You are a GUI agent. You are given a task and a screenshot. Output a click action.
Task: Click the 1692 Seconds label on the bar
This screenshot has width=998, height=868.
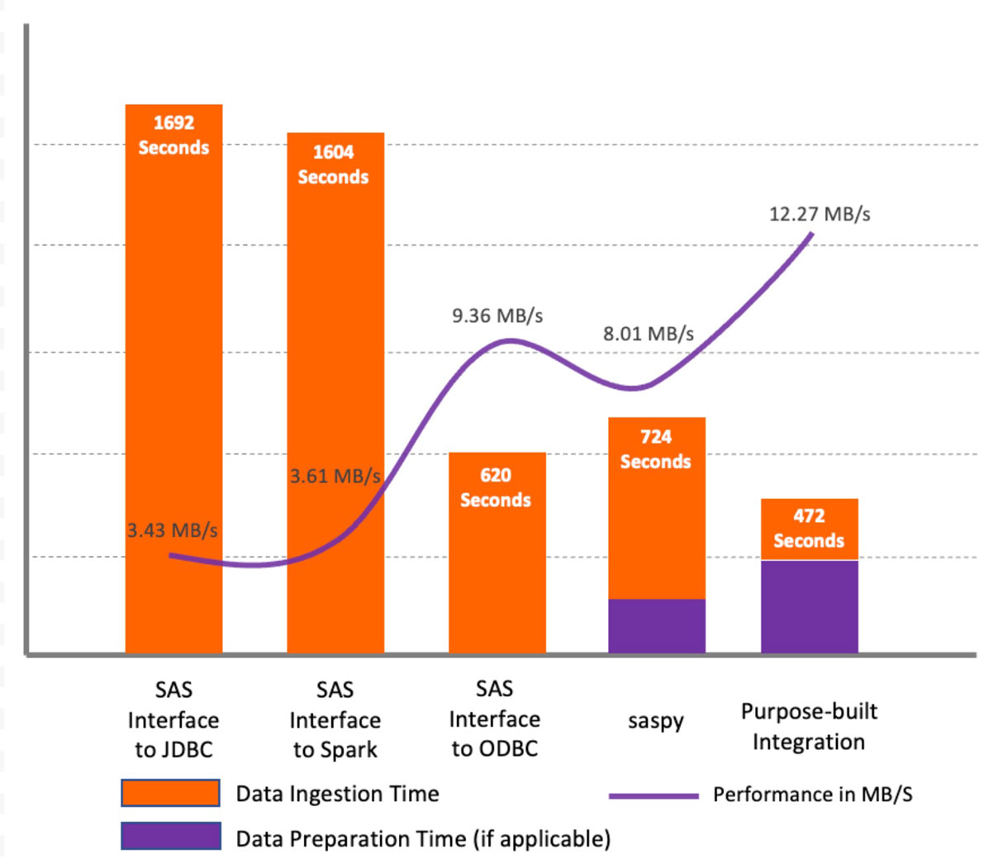point(173,135)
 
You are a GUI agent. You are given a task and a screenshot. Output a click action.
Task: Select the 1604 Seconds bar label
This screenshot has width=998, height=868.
point(333,164)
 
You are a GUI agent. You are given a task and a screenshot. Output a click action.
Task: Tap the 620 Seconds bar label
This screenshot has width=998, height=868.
point(496,487)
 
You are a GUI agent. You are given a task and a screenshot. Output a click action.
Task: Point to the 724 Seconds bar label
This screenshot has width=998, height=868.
point(656,449)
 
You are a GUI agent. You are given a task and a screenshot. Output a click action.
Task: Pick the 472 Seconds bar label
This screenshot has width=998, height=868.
point(809,529)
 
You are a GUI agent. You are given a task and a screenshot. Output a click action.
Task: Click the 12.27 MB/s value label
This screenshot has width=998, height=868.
point(820,215)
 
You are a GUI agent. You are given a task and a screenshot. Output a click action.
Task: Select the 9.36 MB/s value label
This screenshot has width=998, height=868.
point(497,315)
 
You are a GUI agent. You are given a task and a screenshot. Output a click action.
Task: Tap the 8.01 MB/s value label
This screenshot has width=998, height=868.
point(649,334)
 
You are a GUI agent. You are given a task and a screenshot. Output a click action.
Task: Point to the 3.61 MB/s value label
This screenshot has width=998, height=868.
point(335,477)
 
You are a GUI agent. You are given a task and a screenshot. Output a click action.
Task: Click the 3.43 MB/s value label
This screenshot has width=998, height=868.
point(173,530)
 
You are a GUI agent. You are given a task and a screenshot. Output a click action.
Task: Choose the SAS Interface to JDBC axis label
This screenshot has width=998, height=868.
point(173,719)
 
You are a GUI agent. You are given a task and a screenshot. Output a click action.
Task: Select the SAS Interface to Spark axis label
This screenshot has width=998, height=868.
point(335,719)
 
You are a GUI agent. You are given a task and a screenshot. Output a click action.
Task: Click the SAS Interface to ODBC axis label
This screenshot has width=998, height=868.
point(495,719)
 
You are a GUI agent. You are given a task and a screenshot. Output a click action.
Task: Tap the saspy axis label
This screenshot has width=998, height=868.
point(656,721)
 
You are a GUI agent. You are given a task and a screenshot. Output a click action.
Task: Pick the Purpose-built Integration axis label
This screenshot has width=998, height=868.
point(809,727)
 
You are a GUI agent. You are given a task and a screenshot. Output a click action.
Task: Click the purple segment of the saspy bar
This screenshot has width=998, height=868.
point(657,626)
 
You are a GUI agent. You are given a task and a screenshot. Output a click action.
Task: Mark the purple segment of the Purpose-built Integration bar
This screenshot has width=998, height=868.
point(810,607)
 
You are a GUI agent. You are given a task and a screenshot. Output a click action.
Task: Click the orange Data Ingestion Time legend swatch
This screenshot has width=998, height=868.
point(170,793)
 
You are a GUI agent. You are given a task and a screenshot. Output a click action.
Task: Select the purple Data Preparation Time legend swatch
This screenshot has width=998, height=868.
point(170,836)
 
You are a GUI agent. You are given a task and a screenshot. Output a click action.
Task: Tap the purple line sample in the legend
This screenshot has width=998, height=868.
point(653,796)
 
